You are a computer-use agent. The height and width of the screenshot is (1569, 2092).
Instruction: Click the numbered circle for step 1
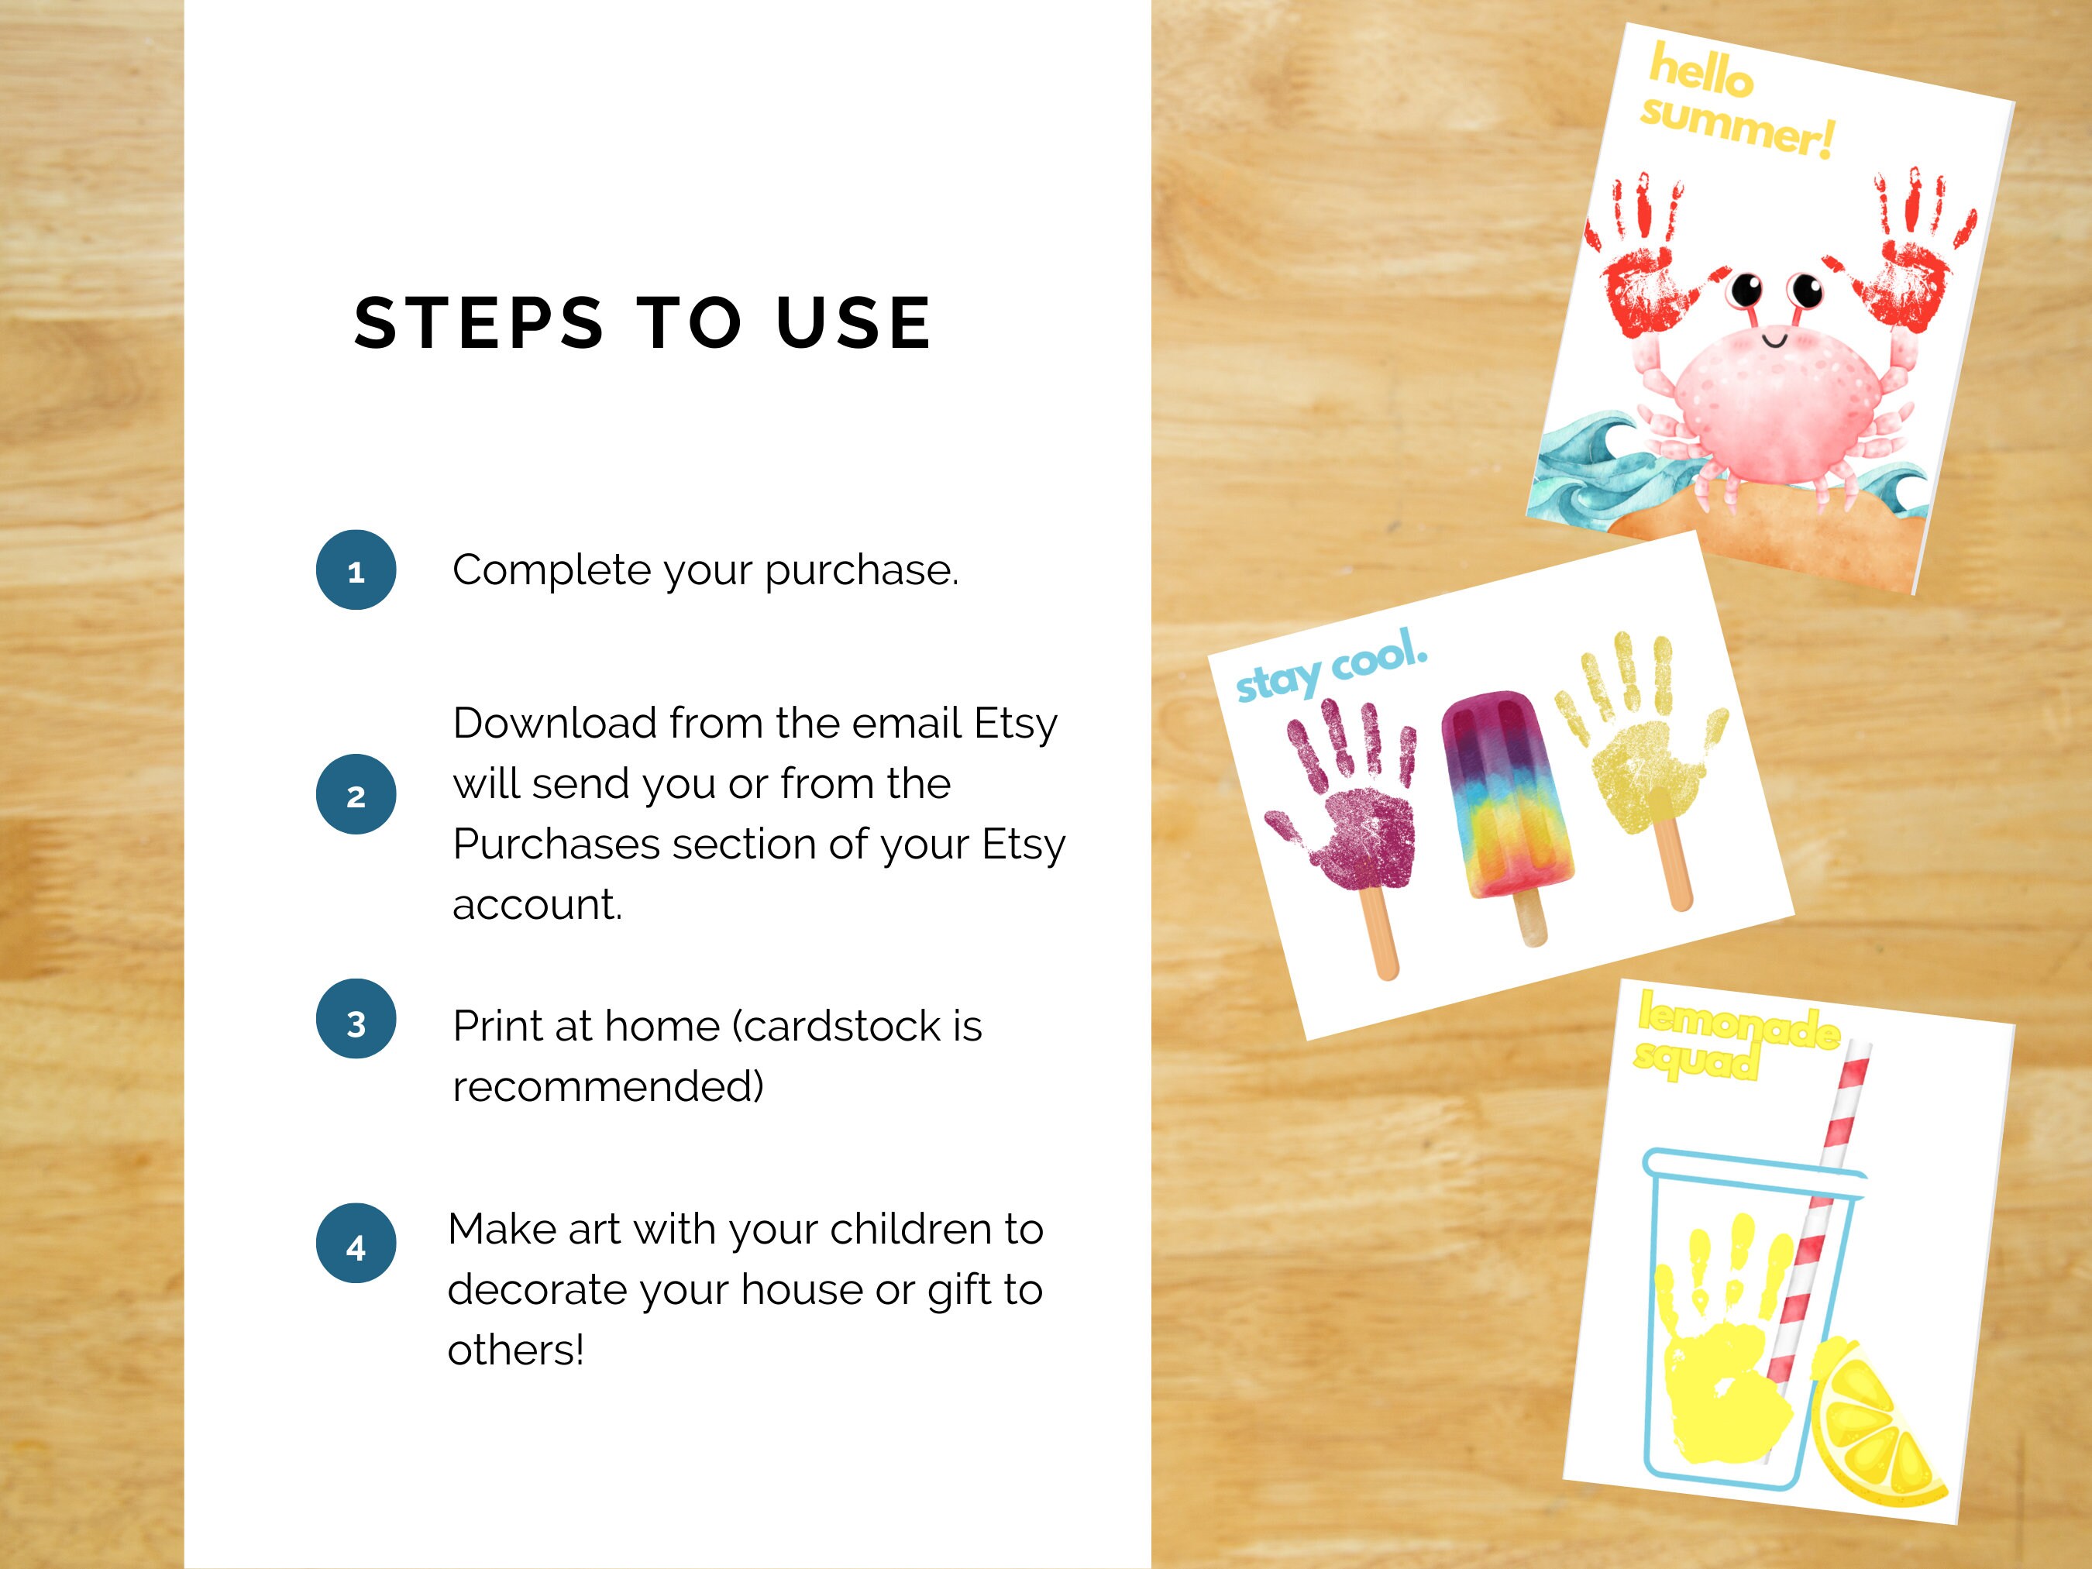[356, 569]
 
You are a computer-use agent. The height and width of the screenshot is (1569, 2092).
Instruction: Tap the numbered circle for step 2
[356, 794]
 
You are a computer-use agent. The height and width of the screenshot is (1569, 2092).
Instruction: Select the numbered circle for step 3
[356, 1019]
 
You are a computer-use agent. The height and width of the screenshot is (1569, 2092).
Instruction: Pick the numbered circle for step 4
[356, 1243]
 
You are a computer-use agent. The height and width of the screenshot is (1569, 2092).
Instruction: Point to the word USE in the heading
[853, 322]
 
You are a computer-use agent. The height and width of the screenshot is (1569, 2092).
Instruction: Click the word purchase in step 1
[861, 571]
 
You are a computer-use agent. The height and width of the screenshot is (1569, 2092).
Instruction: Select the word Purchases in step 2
[556, 845]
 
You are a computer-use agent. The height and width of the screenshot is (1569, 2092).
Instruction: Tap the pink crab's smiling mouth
[1774, 338]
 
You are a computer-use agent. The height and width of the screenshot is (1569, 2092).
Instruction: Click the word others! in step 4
[515, 1351]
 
